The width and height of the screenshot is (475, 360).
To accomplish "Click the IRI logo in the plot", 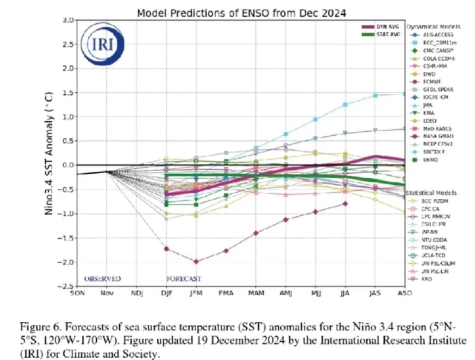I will (x=99, y=43).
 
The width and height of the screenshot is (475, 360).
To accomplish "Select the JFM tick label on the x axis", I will (x=196, y=293).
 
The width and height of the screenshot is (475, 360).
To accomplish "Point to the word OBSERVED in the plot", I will (x=103, y=278).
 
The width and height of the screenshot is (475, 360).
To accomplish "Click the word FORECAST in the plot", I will (x=183, y=278).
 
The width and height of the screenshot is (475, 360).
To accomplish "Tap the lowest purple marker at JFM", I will (x=196, y=261).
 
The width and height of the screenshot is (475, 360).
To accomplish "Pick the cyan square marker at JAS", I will (x=375, y=95).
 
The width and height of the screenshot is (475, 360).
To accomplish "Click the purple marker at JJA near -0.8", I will (x=345, y=203).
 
